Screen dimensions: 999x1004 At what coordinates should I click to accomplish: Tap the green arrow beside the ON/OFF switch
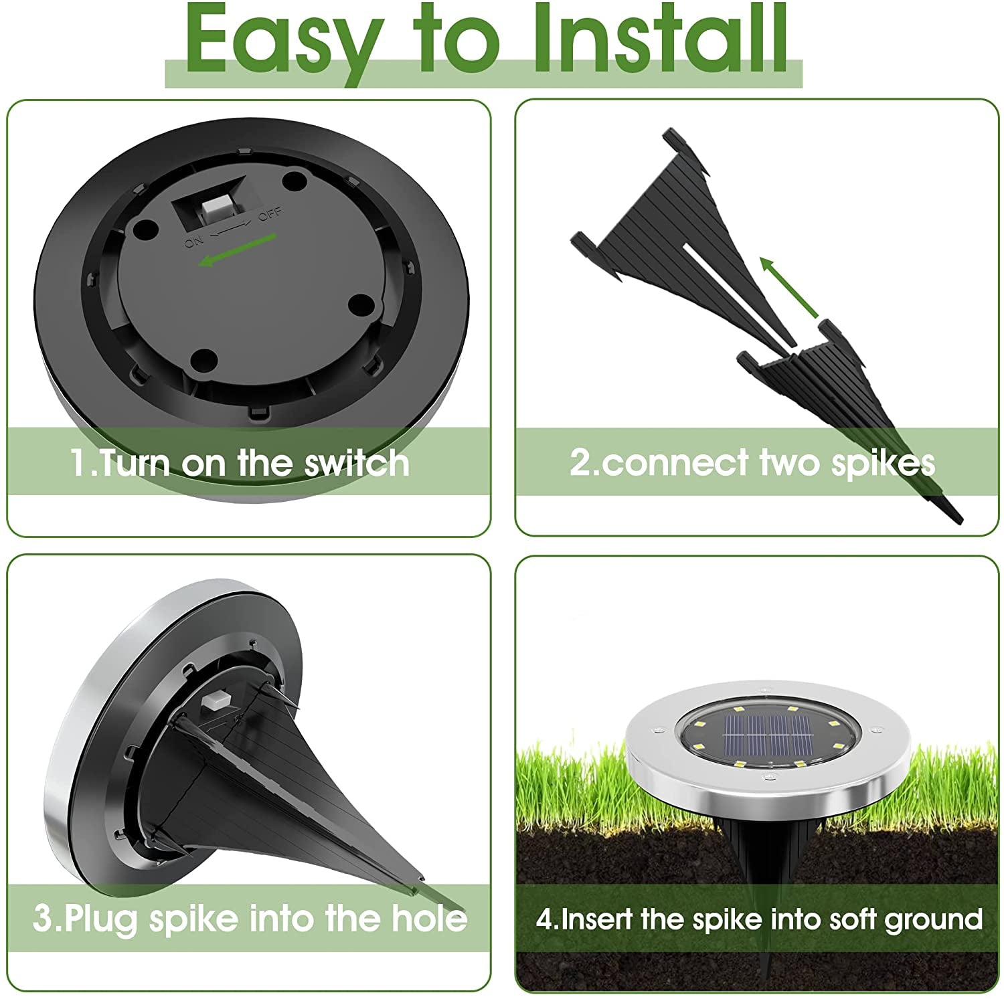pyautogui.click(x=238, y=249)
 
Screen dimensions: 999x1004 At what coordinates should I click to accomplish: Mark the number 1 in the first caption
pyautogui.click(x=79, y=463)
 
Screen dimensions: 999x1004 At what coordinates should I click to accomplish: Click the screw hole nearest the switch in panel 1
pyautogui.click(x=293, y=180)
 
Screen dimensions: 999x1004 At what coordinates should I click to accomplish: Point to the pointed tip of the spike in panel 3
pyautogui.click(x=422, y=882)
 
